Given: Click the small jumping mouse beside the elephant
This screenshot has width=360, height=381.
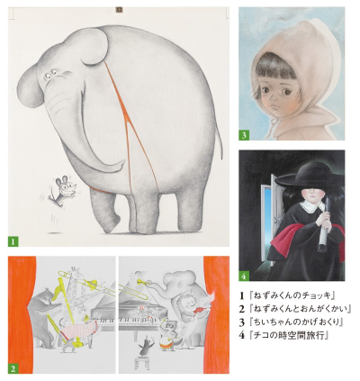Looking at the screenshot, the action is pyautogui.click(x=64, y=192).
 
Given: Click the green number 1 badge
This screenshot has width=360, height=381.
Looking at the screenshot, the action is pyautogui.click(x=13, y=241).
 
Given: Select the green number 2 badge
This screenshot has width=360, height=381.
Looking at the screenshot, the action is pyautogui.click(x=13, y=368).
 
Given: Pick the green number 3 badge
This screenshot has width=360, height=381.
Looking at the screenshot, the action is pyautogui.click(x=244, y=135).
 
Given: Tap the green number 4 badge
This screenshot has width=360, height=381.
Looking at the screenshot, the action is pyautogui.click(x=244, y=276).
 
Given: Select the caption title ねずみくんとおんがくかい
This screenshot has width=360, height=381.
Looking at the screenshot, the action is pyautogui.click(x=300, y=309).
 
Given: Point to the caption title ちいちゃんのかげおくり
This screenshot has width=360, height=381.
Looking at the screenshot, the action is pyautogui.click(x=296, y=322).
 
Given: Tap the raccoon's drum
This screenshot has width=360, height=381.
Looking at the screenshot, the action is pyautogui.click(x=166, y=343).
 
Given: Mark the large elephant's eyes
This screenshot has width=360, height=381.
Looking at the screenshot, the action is pyautogui.click(x=52, y=72).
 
